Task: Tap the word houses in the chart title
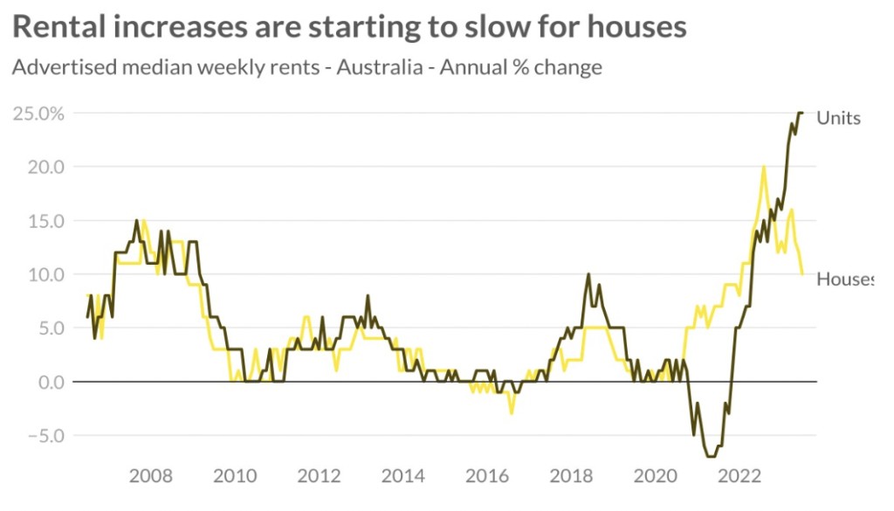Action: (632, 26)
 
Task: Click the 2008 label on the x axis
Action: (151, 476)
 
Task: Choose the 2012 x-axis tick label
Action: (320, 476)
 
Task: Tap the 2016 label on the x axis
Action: (487, 476)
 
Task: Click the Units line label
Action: (838, 118)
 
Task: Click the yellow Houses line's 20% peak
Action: (764, 167)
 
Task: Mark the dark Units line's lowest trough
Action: (712, 456)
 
